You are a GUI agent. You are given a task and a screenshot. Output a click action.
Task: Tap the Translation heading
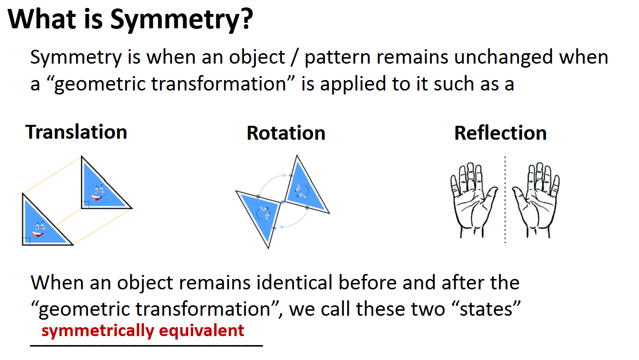(77, 132)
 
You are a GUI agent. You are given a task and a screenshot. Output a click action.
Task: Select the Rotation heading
(286, 133)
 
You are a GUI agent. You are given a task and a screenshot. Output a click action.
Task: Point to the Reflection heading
(500, 133)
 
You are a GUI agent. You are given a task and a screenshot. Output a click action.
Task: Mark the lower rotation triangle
(262, 214)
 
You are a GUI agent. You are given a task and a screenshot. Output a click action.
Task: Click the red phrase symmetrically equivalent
(143, 331)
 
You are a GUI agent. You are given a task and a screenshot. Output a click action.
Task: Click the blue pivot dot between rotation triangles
(282, 202)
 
